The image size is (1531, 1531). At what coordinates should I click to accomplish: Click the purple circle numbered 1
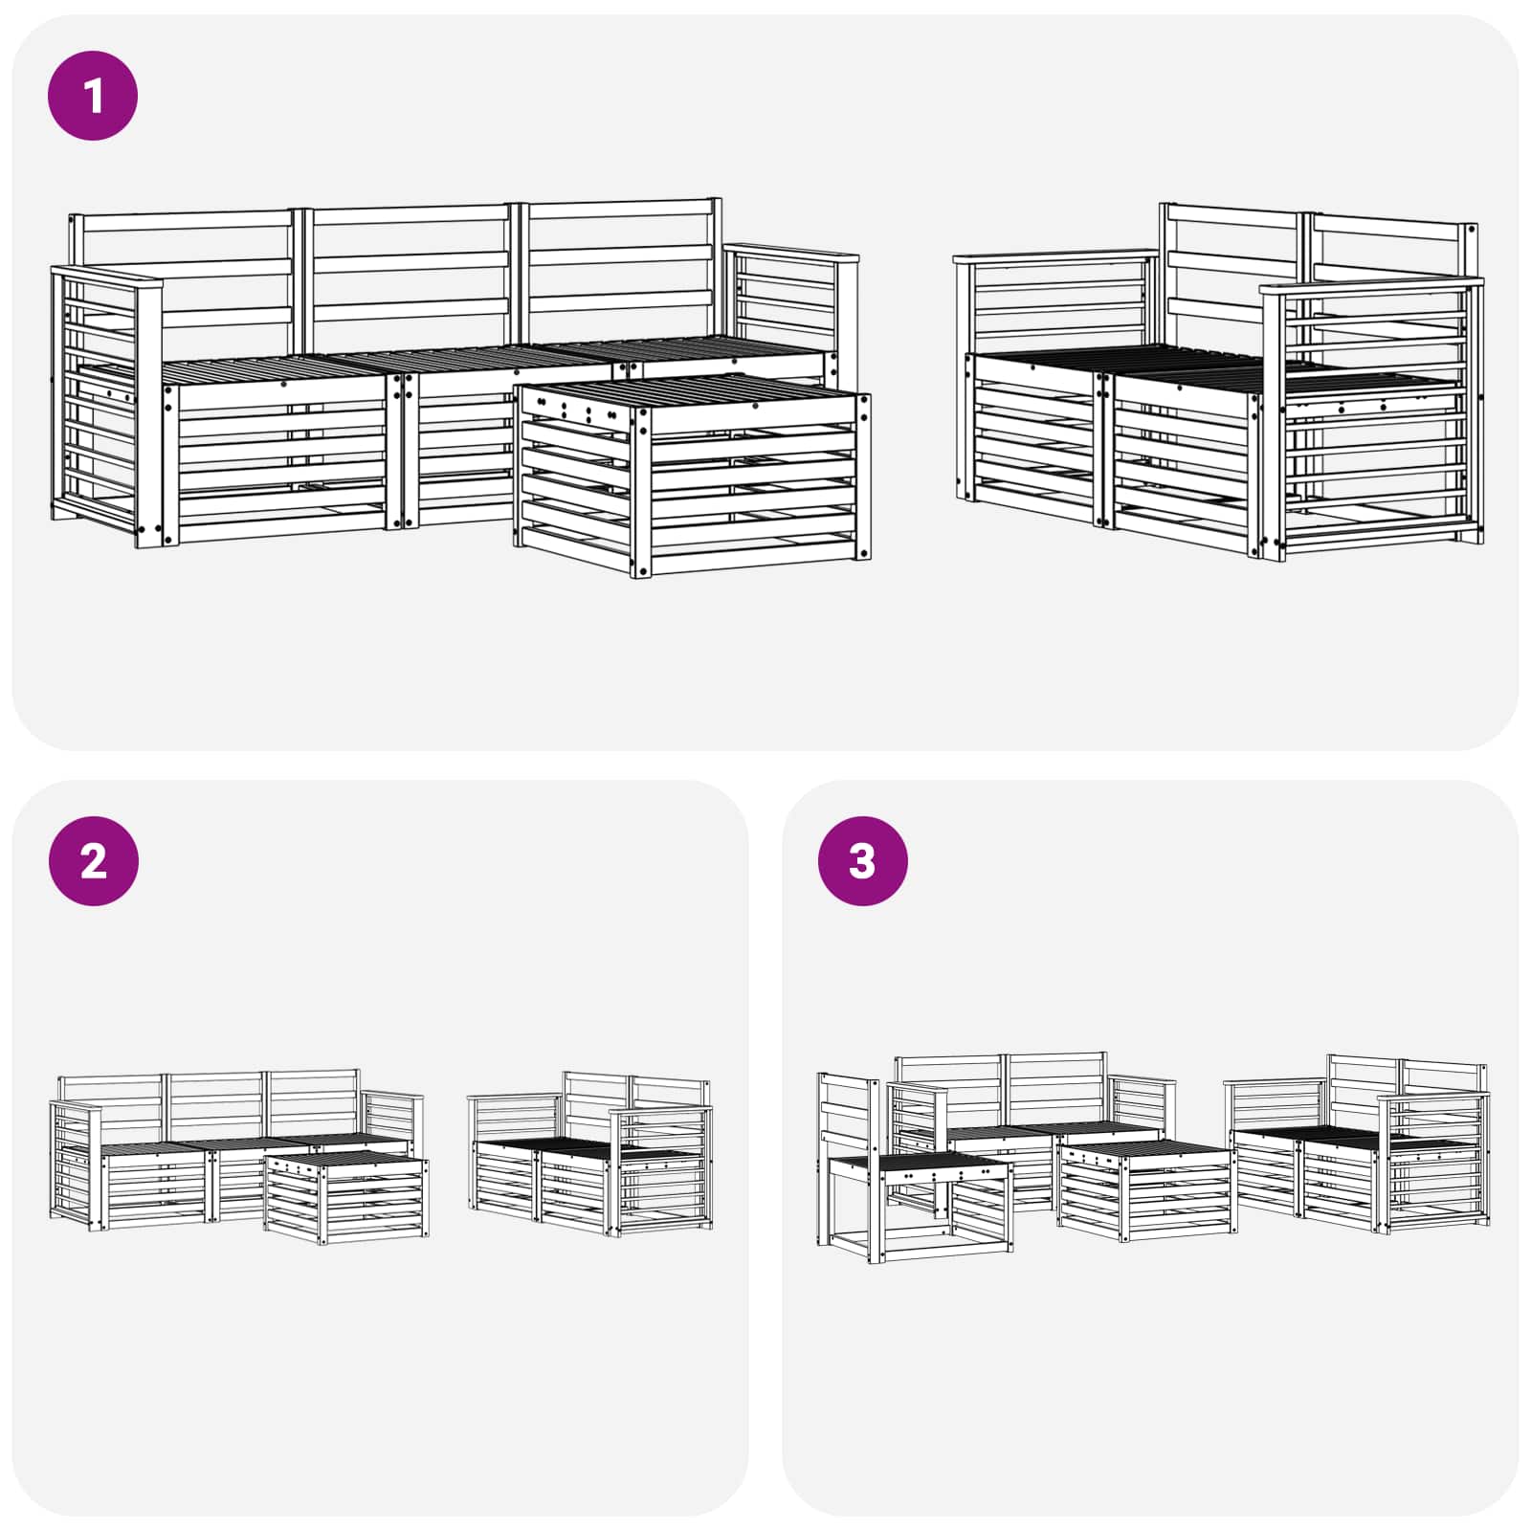pos(93,96)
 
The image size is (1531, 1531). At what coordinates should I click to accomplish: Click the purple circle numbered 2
pos(93,861)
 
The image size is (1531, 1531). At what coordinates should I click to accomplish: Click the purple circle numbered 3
pos(862,861)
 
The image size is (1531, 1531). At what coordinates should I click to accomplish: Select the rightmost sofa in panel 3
pos(1359,1148)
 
